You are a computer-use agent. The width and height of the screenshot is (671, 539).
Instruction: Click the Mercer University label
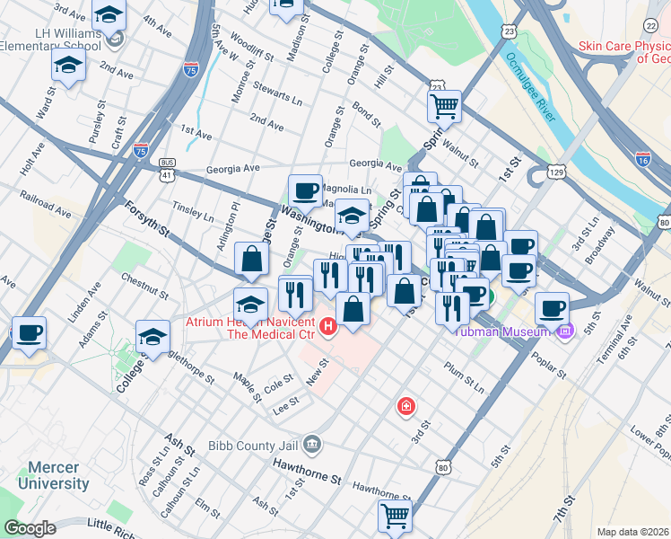click(58, 475)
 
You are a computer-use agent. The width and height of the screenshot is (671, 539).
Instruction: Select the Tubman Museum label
click(503, 331)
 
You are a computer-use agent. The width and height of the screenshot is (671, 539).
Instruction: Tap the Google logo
click(30, 528)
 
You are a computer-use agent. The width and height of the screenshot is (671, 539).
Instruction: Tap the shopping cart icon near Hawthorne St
click(396, 516)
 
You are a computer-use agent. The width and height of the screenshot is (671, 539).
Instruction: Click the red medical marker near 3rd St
click(406, 407)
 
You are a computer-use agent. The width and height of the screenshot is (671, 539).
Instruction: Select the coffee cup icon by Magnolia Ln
click(306, 190)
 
